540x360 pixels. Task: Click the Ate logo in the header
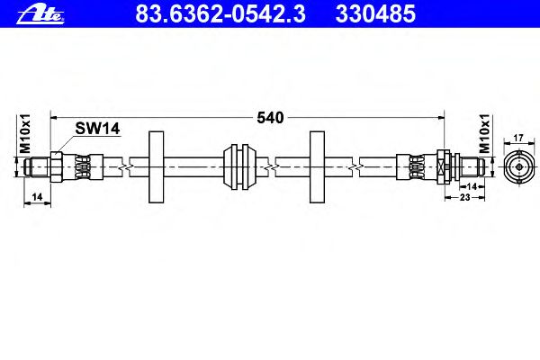point(40,14)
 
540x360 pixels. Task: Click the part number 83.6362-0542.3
point(220,13)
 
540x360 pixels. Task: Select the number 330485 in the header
point(375,13)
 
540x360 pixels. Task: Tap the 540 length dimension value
point(270,118)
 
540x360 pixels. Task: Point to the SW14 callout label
point(97,129)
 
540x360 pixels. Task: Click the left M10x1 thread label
point(25,133)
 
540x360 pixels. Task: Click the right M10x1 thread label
point(484,133)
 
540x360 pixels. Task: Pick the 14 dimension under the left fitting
point(37,197)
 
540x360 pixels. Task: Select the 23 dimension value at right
point(465,197)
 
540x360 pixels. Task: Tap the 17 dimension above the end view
point(518,138)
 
